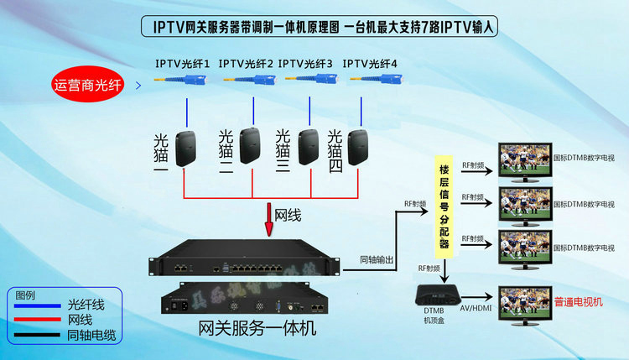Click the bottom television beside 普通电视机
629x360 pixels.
(524, 301)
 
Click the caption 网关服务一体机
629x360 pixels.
(257, 328)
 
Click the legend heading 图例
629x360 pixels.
(26, 295)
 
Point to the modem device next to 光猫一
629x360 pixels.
(185, 149)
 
